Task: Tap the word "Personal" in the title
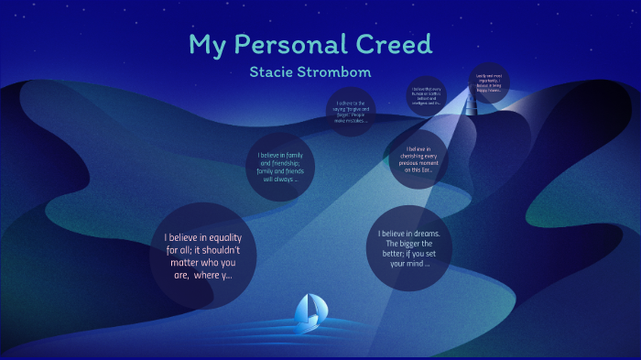(293, 44)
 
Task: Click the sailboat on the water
(308, 312)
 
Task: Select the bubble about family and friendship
(280, 168)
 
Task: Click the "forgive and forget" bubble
(352, 112)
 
